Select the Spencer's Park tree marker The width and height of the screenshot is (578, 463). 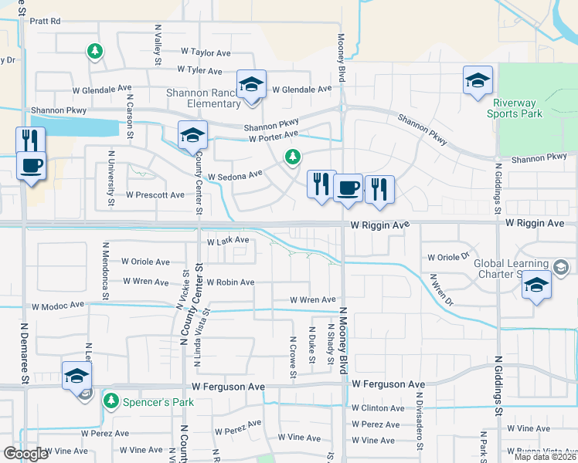(x=112, y=401)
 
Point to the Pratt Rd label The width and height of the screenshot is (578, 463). (x=45, y=22)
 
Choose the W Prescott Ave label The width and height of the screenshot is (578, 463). (x=155, y=194)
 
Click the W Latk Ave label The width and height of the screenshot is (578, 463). (x=228, y=240)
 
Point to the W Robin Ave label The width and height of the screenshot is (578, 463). (x=230, y=282)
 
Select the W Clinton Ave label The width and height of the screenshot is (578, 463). (x=378, y=408)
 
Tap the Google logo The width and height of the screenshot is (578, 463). (x=25, y=453)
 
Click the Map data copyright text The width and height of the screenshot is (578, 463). (x=543, y=457)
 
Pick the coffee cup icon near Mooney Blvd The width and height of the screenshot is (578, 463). (x=348, y=188)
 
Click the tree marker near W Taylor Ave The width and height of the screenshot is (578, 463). (x=94, y=52)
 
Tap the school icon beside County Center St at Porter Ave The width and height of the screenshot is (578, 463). (x=192, y=136)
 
